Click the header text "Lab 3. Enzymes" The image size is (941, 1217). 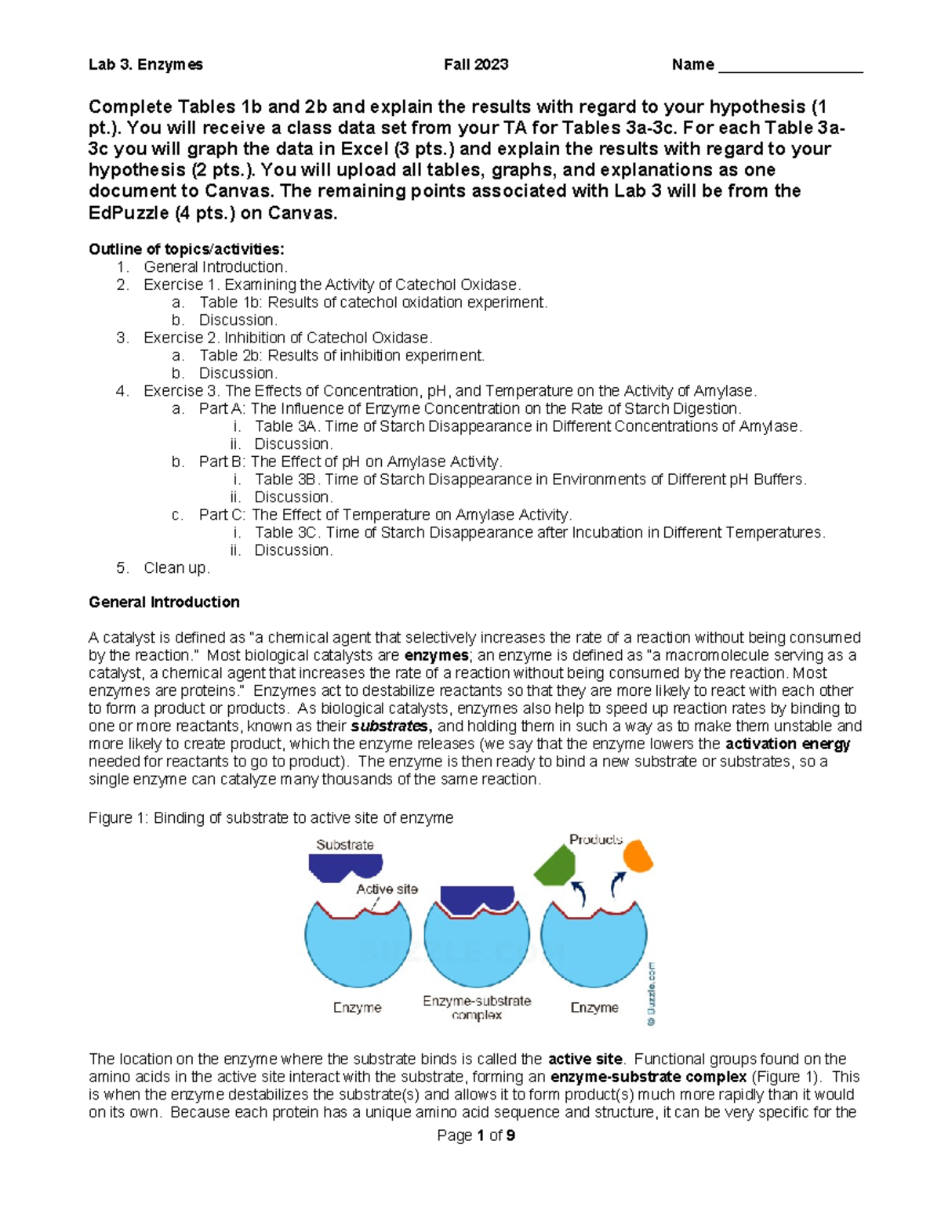pyautogui.click(x=145, y=65)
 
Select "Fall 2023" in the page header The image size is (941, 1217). pyautogui.click(x=476, y=65)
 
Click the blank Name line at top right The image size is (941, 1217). pyautogui.click(x=790, y=67)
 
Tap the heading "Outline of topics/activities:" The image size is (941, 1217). pyautogui.click(x=187, y=249)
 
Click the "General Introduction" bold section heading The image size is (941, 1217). pyautogui.click(x=164, y=602)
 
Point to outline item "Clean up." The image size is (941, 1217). pyautogui.click(x=176, y=568)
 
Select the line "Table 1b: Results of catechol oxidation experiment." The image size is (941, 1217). pyautogui.click(x=373, y=302)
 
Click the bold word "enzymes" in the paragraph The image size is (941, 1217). pyautogui.click(x=436, y=655)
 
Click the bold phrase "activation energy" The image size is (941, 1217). pyautogui.click(x=787, y=744)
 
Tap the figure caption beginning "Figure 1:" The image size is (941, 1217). pyautogui.click(x=271, y=818)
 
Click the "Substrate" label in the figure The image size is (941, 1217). pyautogui.click(x=344, y=845)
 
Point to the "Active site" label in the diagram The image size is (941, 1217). pyautogui.click(x=387, y=889)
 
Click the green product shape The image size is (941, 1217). pyautogui.click(x=555, y=866)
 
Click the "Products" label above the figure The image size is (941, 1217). pyautogui.click(x=596, y=839)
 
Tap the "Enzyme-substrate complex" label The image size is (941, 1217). pyautogui.click(x=477, y=1008)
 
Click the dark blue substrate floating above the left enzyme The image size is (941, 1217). pyautogui.click(x=345, y=867)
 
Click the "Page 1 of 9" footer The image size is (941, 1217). pyautogui.click(x=476, y=1136)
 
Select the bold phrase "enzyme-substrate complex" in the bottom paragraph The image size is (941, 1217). pyautogui.click(x=649, y=1077)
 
